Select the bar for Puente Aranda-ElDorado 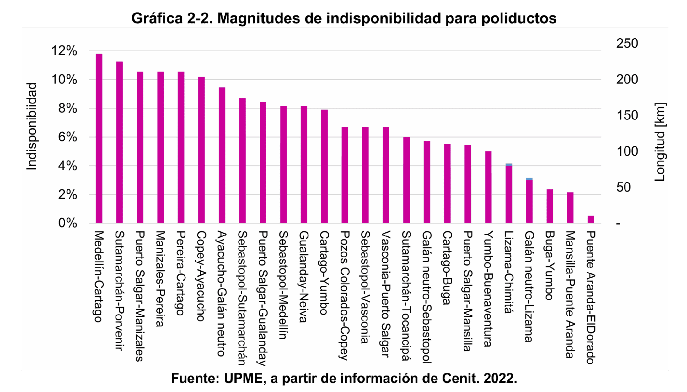591,219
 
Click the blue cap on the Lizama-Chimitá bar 509,165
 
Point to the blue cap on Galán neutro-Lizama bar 529,179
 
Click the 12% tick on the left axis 64,51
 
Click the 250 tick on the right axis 627,44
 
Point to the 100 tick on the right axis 627,151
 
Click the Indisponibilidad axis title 32,126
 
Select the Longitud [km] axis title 660,142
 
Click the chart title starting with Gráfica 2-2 343,19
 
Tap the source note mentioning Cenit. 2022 343,378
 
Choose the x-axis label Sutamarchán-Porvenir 120,290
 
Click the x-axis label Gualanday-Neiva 304,276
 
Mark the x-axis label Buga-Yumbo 549,265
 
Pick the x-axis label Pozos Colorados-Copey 345,295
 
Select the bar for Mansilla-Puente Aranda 570,208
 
